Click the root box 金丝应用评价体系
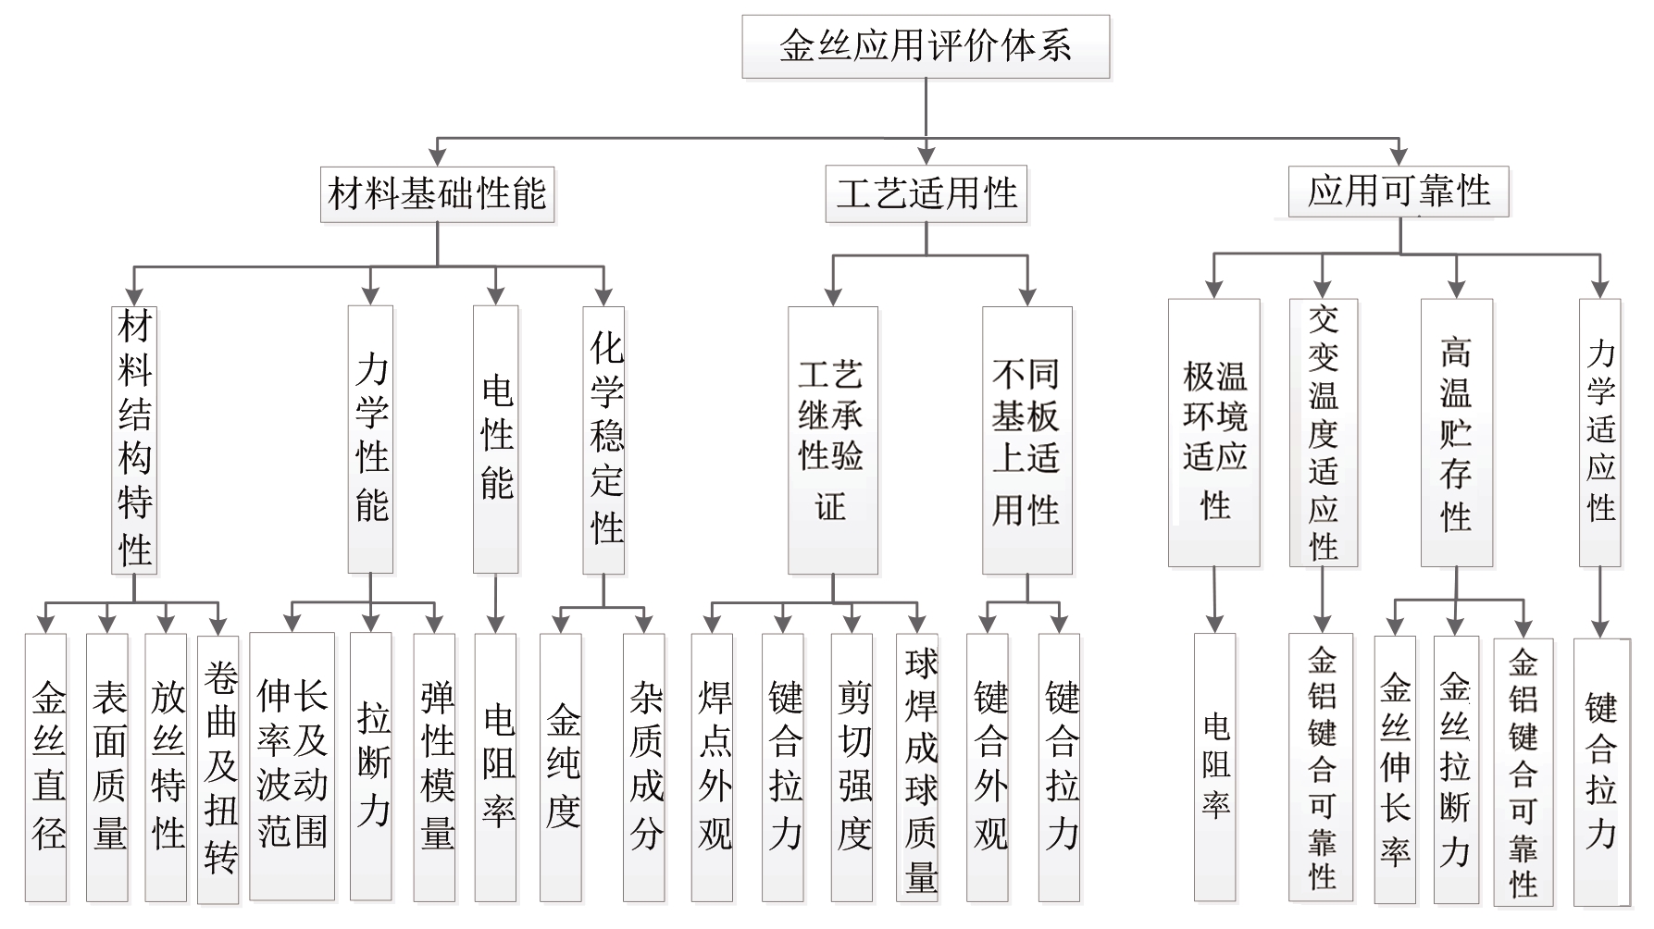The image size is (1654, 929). pyautogui.click(x=926, y=46)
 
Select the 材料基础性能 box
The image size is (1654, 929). pyautogui.click(x=438, y=193)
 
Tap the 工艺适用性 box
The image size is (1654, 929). pyautogui.click(x=926, y=193)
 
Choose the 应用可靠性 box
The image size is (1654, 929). pyautogui.click(x=1399, y=192)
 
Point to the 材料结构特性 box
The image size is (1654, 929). pyautogui.click(x=135, y=440)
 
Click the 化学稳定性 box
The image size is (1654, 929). pyautogui.click(x=604, y=440)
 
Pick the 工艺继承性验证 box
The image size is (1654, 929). pyautogui.click(x=833, y=440)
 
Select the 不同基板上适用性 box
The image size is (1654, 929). pyautogui.click(x=1027, y=440)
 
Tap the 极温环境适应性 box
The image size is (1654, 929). pyautogui.click(x=1214, y=432)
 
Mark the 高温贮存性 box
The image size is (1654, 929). pyautogui.click(x=1457, y=432)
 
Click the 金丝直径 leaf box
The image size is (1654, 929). pyautogui.click(x=46, y=767)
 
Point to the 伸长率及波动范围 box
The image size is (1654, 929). pyautogui.click(x=292, y=766)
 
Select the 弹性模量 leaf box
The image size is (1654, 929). pyautogui.click(x=435, y=767)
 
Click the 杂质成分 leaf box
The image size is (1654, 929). pyautogui.click(x=644, y=767)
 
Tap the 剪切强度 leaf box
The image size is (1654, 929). pyautogui.click(x=852, y=767)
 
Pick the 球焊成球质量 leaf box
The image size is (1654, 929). pyautogui.click(x=918, y=767)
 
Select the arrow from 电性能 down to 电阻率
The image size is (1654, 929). pyautogui.click(x=495, y=603)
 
